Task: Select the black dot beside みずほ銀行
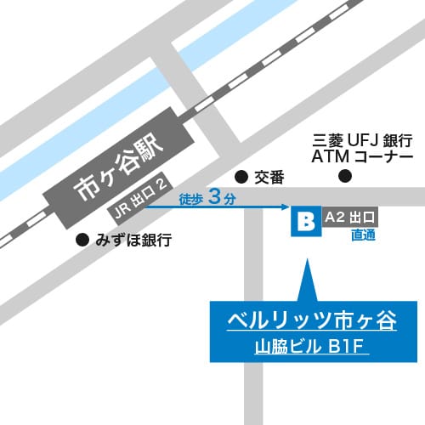(82, 240)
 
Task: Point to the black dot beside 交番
(241, 177)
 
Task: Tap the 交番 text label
(269, 177)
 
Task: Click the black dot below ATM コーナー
(344, 177)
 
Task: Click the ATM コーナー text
(362, 157)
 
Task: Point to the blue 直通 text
(363, 235)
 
